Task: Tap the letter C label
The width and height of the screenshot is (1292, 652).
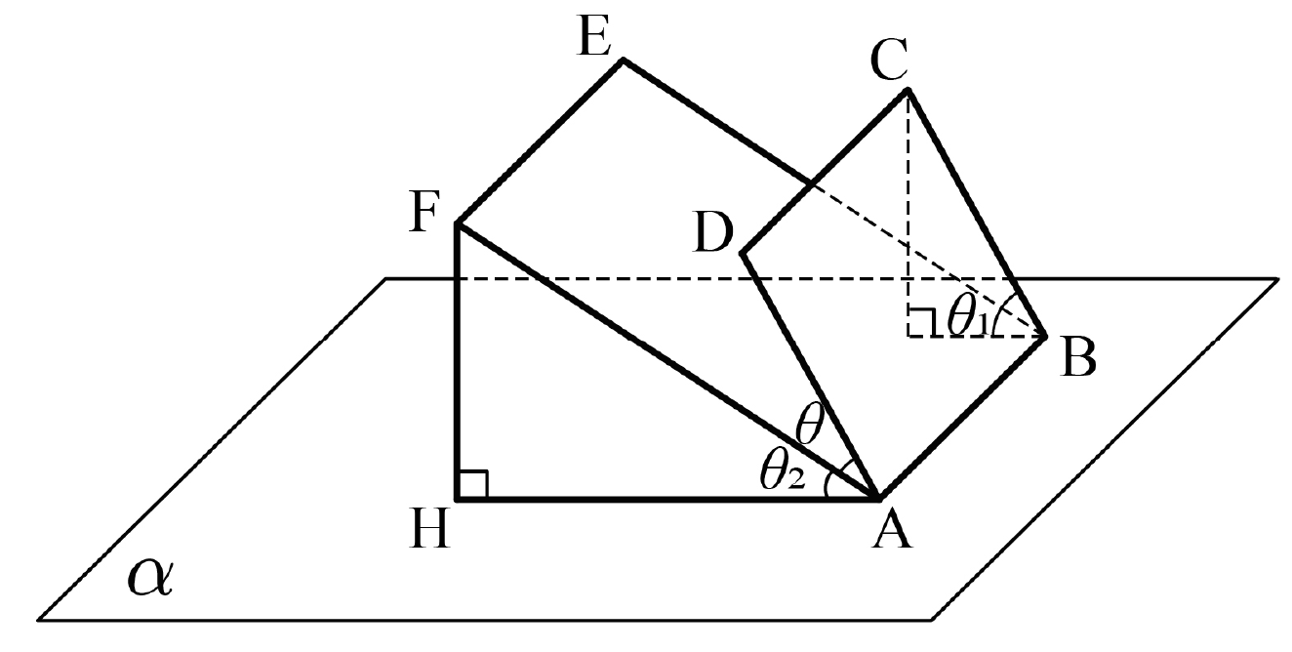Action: point(889,60)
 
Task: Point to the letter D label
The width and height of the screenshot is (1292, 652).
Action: point(713,232)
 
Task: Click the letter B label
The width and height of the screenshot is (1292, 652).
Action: point(1078,358)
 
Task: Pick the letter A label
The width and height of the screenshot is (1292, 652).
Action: point(892,531)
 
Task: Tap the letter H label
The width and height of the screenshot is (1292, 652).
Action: point(429,528)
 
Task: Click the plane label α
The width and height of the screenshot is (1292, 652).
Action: point(150,577)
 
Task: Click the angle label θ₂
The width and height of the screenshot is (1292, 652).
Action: point(782,470)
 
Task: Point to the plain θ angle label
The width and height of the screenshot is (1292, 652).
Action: point(809,424)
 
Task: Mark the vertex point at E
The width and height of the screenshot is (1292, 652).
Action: point(623,60)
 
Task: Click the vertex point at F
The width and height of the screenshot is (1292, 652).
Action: point(458,223)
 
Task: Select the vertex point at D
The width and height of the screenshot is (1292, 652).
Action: point(743,253)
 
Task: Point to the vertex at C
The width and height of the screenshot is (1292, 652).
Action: point(908,90)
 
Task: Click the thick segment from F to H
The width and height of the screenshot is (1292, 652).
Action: point(458,361)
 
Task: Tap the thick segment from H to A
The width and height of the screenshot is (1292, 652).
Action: point(667,499)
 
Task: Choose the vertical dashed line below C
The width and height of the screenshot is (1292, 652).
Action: point(908,213)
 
